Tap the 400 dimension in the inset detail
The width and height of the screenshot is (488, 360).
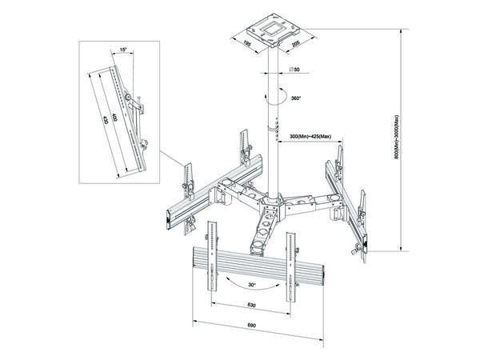(x=116, y=120)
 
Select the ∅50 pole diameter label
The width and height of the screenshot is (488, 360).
(x=294, y=71)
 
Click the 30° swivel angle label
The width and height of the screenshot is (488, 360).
(x=254, y=286)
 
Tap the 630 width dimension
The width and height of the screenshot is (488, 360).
(x=251, y=306)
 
